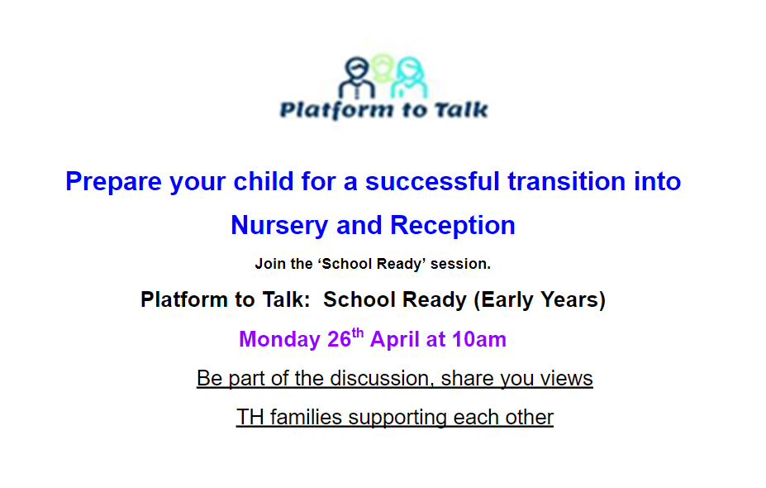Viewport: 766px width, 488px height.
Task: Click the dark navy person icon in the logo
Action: [x=357, y=79]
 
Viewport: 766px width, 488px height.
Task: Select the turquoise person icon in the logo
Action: [x=409, y=79]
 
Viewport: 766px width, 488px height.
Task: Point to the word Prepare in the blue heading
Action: [x=113, y=182]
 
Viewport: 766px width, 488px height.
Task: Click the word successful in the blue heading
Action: [x=432, y=181]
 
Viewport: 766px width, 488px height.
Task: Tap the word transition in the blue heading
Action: [x=567, y=181]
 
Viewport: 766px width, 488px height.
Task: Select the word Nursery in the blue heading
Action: [x=279, y=226]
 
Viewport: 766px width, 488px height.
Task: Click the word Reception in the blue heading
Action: [x=452, y=226]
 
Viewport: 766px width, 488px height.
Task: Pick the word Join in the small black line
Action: [x=270, y=264]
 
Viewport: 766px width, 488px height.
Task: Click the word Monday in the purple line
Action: [x=279, y=339]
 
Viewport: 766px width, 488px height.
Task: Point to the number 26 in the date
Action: [x=340, y=339]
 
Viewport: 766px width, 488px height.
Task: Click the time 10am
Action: [x=478, y=339]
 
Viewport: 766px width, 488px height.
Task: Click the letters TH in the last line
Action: [x=250, y=418]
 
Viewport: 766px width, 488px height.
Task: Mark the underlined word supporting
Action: [x=397, y=418]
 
